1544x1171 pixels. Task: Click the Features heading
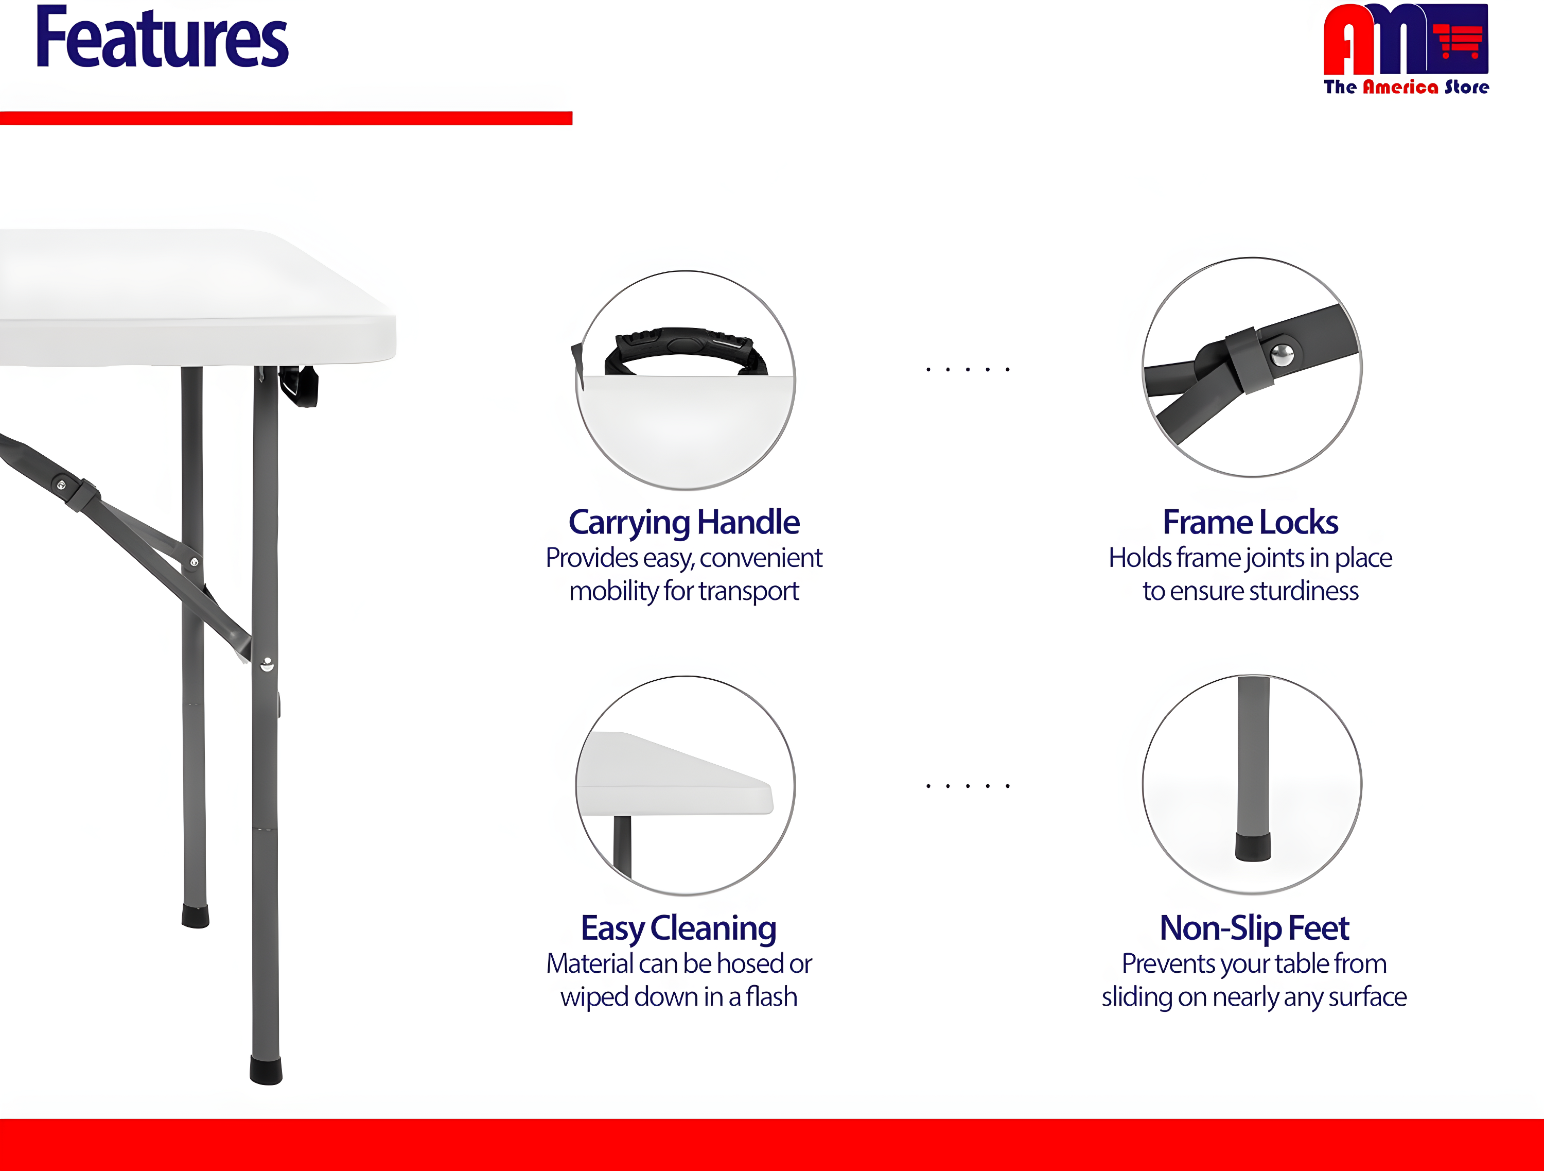click(x=162, y=39)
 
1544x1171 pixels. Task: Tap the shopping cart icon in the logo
click(x=1459, y=41)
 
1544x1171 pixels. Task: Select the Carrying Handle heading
click(x=684, y=522)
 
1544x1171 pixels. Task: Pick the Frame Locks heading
click(x=1250, y=522)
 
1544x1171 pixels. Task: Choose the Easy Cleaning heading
click(x=678, y=928)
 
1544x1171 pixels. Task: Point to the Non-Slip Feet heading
click(x=1254, y=928)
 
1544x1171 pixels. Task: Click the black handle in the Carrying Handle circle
click(x=686, y=346)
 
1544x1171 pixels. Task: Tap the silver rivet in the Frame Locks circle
click(x=1282, y=355)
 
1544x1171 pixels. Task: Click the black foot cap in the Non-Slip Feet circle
click(x=1253, y=846)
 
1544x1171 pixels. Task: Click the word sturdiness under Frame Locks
click(x=1299, y=592)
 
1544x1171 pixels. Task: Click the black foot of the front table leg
click(x=266, y=1070)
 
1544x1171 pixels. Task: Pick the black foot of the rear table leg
click(x=196, y=916)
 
